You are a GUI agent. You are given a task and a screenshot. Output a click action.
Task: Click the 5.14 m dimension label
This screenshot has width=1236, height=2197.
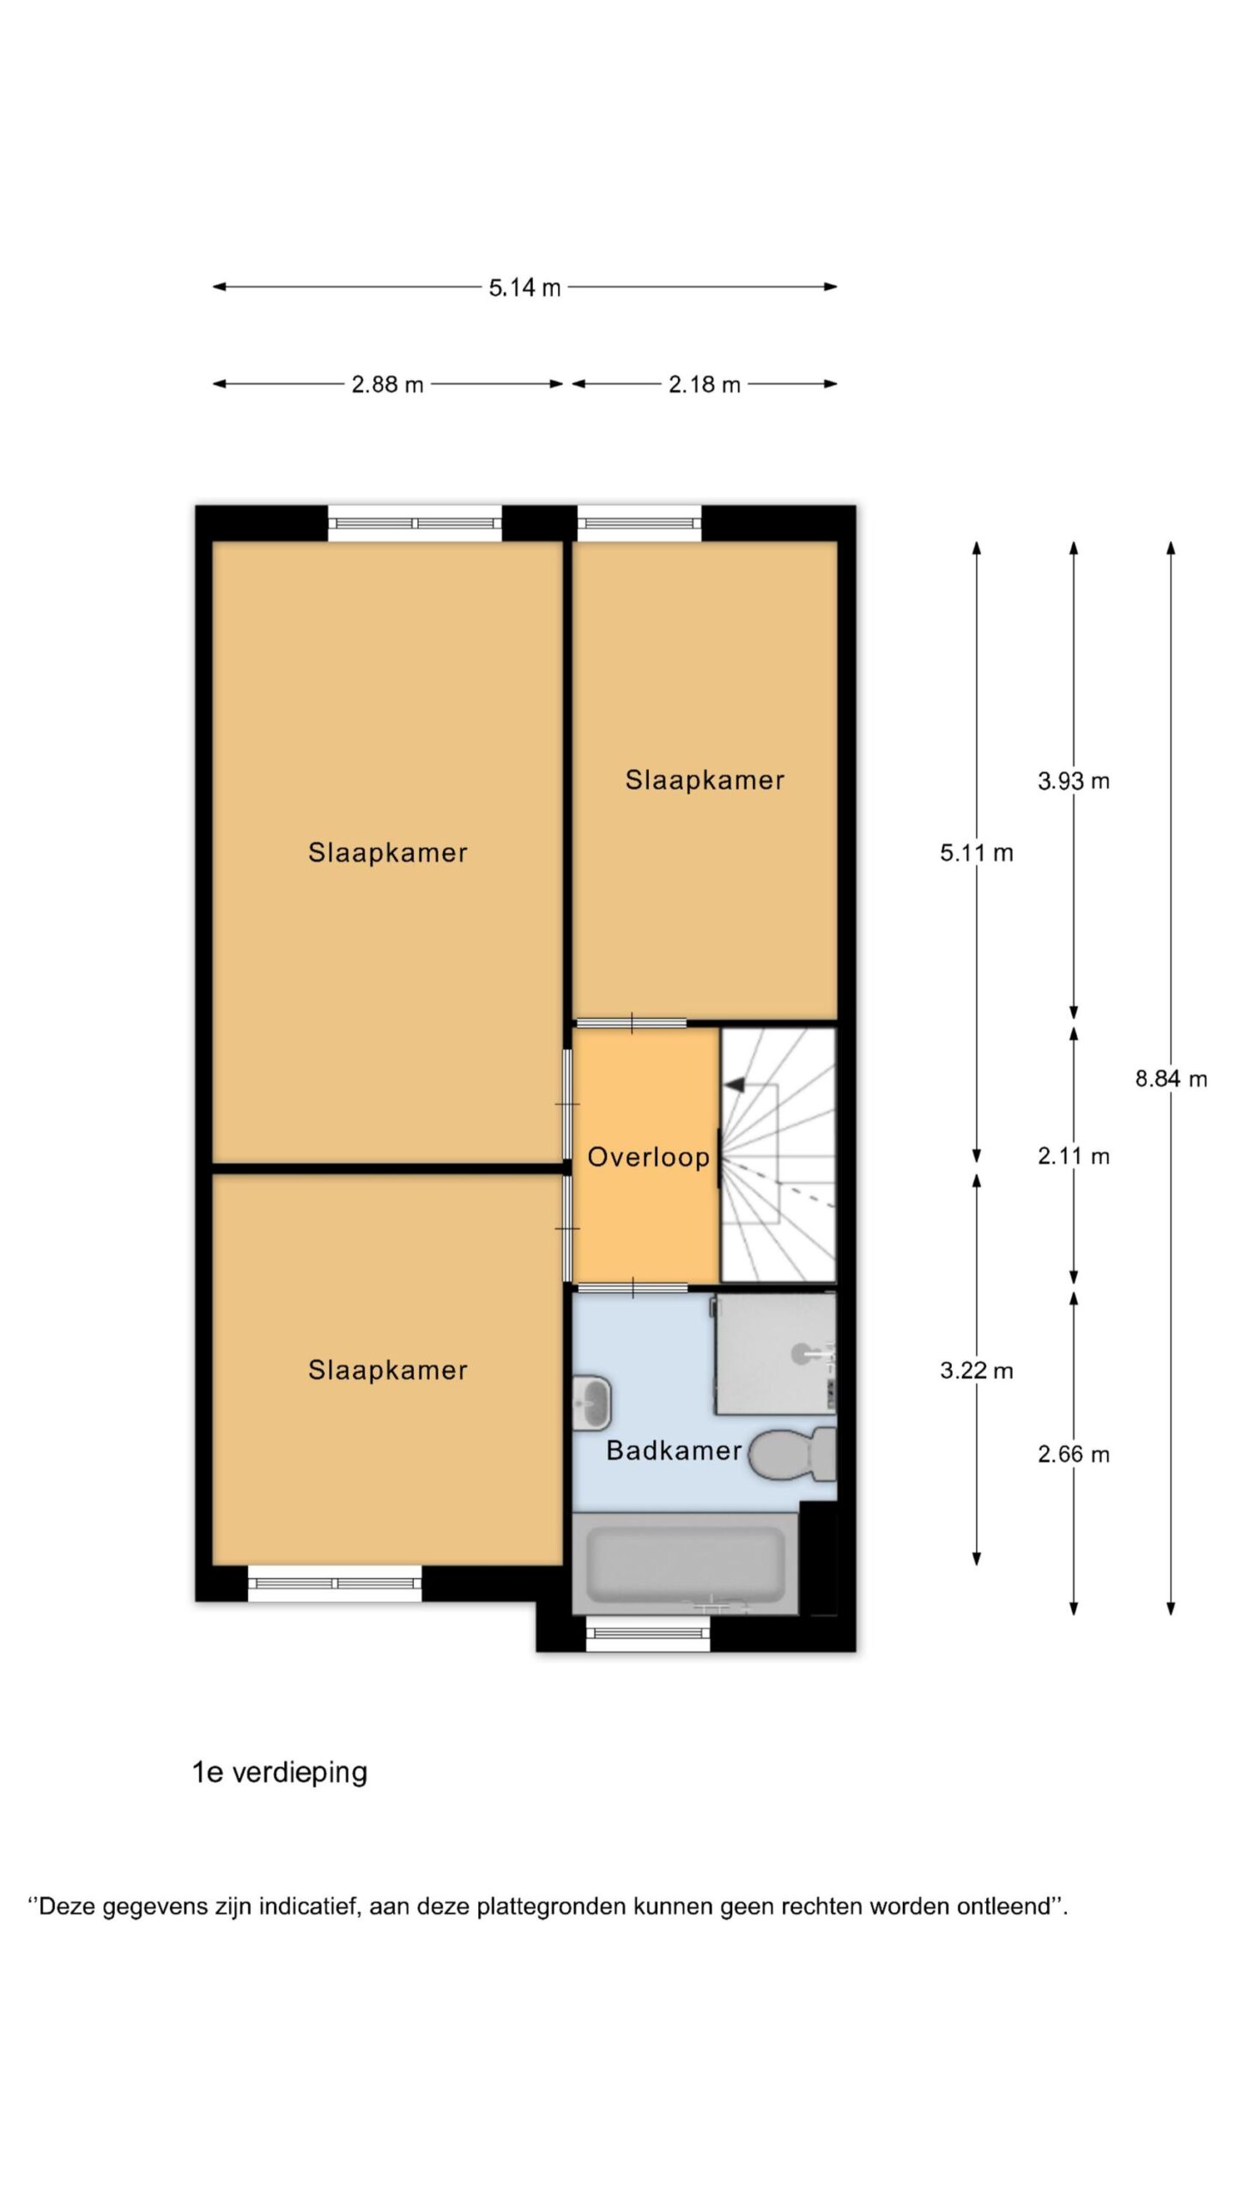coord(524,287)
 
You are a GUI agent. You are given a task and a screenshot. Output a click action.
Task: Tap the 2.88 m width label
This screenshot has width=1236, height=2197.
coord(387,384)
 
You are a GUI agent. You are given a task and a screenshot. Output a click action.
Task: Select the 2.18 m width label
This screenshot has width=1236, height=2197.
coord(704,384)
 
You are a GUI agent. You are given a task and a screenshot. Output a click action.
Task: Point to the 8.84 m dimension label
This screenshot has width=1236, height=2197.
coord(1171,1079)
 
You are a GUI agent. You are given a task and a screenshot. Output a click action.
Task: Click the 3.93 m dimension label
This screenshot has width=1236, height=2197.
coord(1073,781)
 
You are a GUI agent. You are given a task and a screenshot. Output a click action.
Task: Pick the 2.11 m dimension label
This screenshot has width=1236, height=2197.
coord(1073,1156)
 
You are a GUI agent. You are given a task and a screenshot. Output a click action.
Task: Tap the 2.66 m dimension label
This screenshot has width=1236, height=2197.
coord(1073,1454)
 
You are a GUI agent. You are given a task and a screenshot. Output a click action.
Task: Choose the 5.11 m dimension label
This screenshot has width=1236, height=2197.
coord(976,853)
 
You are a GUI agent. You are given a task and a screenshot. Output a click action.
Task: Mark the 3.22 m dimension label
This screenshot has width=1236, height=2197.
coord(976,1371)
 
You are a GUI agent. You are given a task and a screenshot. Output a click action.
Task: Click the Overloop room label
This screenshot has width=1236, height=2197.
coord(648,1157)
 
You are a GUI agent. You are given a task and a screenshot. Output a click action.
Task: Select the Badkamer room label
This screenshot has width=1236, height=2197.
coord(674,1450)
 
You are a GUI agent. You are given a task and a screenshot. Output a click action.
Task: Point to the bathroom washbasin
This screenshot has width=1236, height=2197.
coord(591,1403)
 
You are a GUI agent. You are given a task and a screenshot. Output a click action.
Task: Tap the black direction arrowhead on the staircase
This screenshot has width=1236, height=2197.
coord(734,1086)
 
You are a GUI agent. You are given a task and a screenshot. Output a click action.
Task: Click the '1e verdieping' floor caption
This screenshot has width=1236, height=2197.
coord(280,1772)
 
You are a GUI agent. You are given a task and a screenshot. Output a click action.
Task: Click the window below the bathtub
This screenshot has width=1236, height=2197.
coord(649,1633)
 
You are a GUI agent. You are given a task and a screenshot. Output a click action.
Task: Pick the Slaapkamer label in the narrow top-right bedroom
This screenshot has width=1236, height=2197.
coord(705,780)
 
